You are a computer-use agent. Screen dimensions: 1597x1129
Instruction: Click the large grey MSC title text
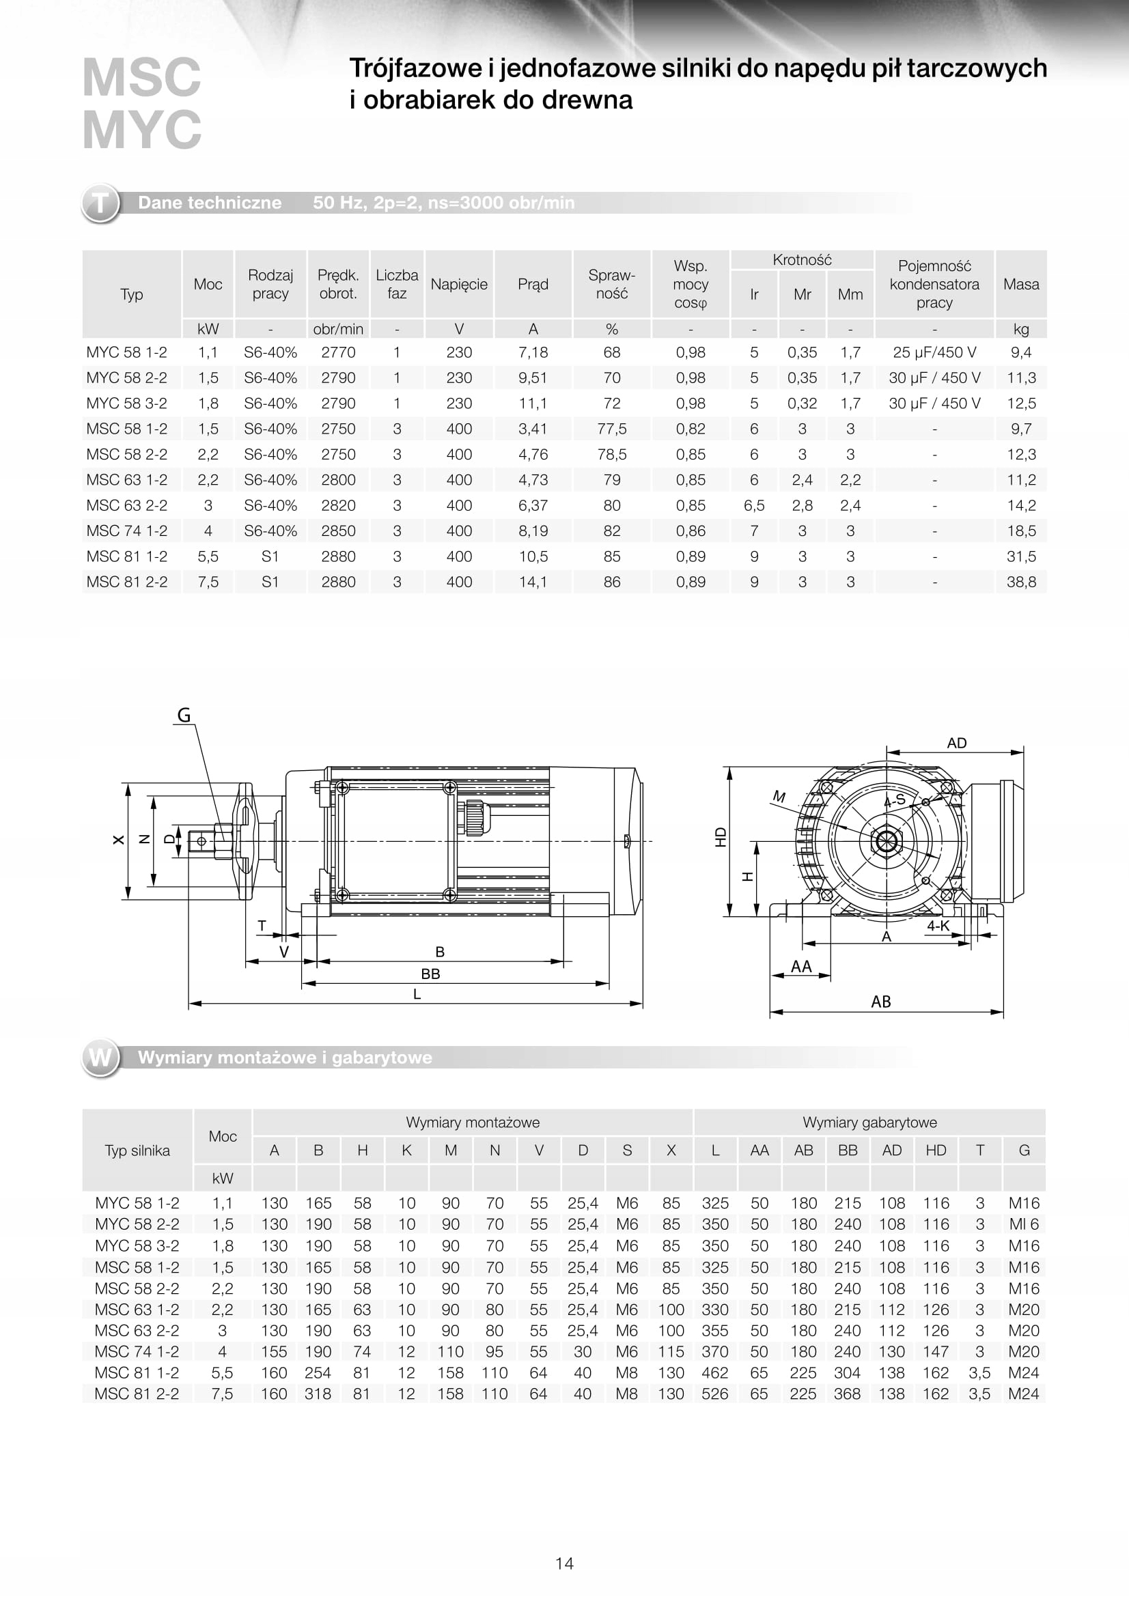point(142,77)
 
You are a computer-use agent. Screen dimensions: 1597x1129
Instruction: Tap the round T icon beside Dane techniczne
point(101,203)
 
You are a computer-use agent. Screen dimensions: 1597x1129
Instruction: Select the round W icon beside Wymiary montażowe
point(101,1057)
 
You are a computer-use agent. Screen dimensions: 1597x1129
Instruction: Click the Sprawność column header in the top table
point(611,284)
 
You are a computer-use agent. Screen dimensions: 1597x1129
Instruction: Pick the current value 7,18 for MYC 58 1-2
point(533,352)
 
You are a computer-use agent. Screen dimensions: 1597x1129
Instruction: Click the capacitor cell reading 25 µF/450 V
point(934,352)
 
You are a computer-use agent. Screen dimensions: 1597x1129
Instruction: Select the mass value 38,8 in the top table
point(1020,582)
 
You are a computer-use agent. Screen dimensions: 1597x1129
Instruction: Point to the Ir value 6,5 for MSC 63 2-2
point(753,506)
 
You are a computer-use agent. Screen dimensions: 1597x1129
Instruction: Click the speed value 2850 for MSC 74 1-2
point(338,531)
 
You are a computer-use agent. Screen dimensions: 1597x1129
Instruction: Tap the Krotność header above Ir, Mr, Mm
point(801,260)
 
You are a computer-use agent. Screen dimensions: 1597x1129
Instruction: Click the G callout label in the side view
point(184,715)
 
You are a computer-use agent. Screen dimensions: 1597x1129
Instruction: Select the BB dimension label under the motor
point(430,974)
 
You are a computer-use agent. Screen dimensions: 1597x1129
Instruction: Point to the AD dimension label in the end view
point(956,743)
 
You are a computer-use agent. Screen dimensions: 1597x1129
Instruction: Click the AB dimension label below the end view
point(880,1002)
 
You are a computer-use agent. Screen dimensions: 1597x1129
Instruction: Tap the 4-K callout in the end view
point(938,926)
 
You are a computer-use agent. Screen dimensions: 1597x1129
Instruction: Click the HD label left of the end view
point(721,837)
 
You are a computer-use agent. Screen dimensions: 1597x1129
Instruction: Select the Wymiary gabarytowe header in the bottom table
point(869,1122)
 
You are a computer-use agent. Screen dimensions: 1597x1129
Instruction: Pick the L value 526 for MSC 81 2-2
point(714,1394)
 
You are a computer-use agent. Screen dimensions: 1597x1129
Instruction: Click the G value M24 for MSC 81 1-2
point(1023,1373)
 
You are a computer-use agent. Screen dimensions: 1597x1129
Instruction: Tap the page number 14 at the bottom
point(564,1564)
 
